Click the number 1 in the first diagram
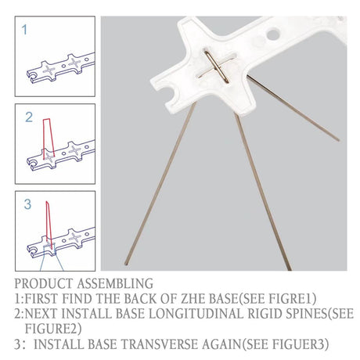(x=24, y=30)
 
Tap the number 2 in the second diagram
(x=29, y=117)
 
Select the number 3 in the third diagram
(x=27, y=204)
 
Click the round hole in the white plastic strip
(x=273, y=34)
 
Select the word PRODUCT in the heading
(x=44, y=283)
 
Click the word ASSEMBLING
(x=115, y=283)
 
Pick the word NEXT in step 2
(x=41, y=314)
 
